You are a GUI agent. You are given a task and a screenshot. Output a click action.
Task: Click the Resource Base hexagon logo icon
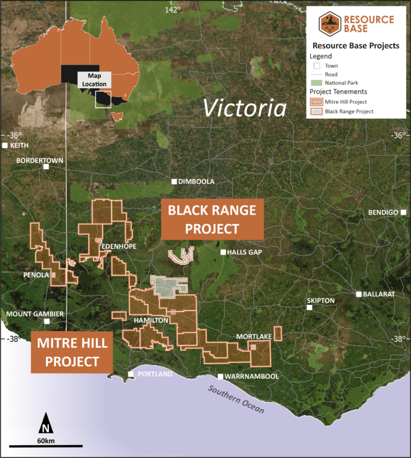(x=330, y=25)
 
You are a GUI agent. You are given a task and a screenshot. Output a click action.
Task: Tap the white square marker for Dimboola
(x=174, y=182)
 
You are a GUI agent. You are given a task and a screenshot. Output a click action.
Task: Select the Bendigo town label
(x=383, y=212)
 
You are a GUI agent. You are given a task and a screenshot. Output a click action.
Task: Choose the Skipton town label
(x=321, y=301)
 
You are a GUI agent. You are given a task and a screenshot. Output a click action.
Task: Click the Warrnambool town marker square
(x=220, y=376)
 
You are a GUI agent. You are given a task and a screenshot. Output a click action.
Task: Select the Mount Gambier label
(x=35, y=314)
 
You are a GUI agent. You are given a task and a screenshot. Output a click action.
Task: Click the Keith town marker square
(x=5, y=146)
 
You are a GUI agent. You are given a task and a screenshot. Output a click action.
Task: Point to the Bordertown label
(x=40, y=161)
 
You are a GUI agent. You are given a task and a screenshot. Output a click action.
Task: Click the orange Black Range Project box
(x=212, y=219)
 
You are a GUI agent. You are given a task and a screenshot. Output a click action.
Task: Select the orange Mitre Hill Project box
(x=72, y=352)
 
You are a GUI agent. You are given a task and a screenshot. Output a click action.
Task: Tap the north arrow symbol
(x=46, y=423)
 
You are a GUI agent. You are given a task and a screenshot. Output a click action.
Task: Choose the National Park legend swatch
(x=317, y=83)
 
